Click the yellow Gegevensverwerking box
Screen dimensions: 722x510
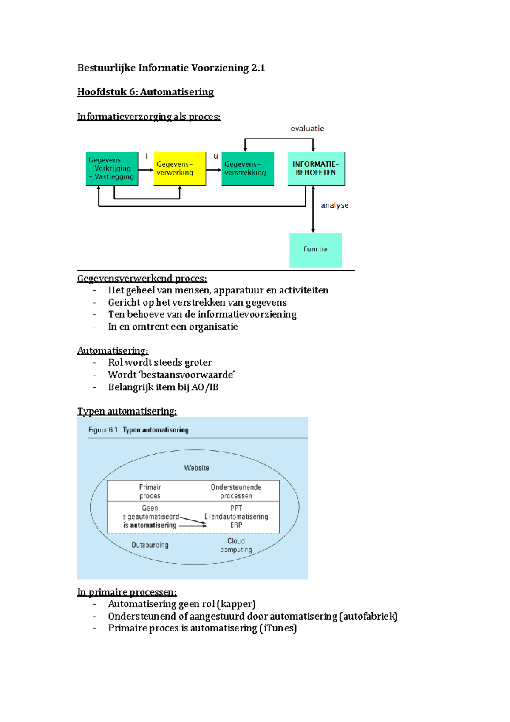coord(179,169)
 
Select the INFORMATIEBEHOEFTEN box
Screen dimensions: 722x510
coord(316,169)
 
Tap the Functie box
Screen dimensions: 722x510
coord(315,250)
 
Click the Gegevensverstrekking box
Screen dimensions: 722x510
coord(247,169)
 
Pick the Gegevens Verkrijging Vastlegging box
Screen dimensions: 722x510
coord(112,169)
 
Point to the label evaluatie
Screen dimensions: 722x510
coord(307,128)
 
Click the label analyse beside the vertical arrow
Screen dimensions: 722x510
coord(334,205)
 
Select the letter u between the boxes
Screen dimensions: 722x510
coord(216,156)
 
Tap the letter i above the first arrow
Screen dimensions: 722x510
coord(147,156)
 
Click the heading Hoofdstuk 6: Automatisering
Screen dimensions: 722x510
coord(145,92)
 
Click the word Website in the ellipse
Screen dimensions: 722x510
coord(196,468)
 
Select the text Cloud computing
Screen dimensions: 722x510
coord(236,545)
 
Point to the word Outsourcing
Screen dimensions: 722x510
coord(150,545)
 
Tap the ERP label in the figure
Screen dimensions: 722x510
coord(236,525)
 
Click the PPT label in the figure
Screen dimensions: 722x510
coord(236,508)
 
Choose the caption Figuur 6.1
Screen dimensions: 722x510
coord(103,430)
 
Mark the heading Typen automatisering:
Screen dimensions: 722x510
coord(127,412)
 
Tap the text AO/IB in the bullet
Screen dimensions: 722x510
coord(205,387)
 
